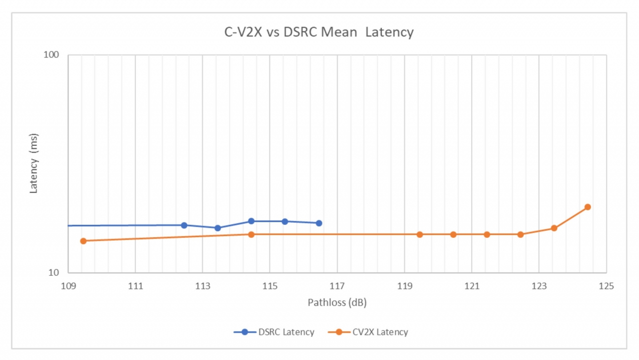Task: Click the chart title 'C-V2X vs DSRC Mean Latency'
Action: (x=319, y=32)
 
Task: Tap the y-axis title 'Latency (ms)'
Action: (x=34, y=164)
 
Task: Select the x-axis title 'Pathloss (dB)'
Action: (x=337, y=303)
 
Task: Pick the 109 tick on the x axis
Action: (x=68, y=286)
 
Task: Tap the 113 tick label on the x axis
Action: (x=202, y=286)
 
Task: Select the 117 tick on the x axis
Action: (x=337, y=286)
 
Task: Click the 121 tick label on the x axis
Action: (x=472, y=286)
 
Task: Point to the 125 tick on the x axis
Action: (x=606, y=286)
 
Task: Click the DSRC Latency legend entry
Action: (x=274, y=332)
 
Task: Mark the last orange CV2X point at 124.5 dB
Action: (x=588, y=207)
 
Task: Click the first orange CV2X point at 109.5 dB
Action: (x=83, y=241)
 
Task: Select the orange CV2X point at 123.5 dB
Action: (x=554, y=228)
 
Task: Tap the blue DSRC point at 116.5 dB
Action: (x=319, y=223)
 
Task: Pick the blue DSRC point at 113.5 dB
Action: (x=218, y=228)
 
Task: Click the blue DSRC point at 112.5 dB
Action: (x=184, y=225)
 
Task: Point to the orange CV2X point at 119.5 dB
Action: (x=420, y=234)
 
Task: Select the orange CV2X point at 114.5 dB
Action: (x=252, y=234)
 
